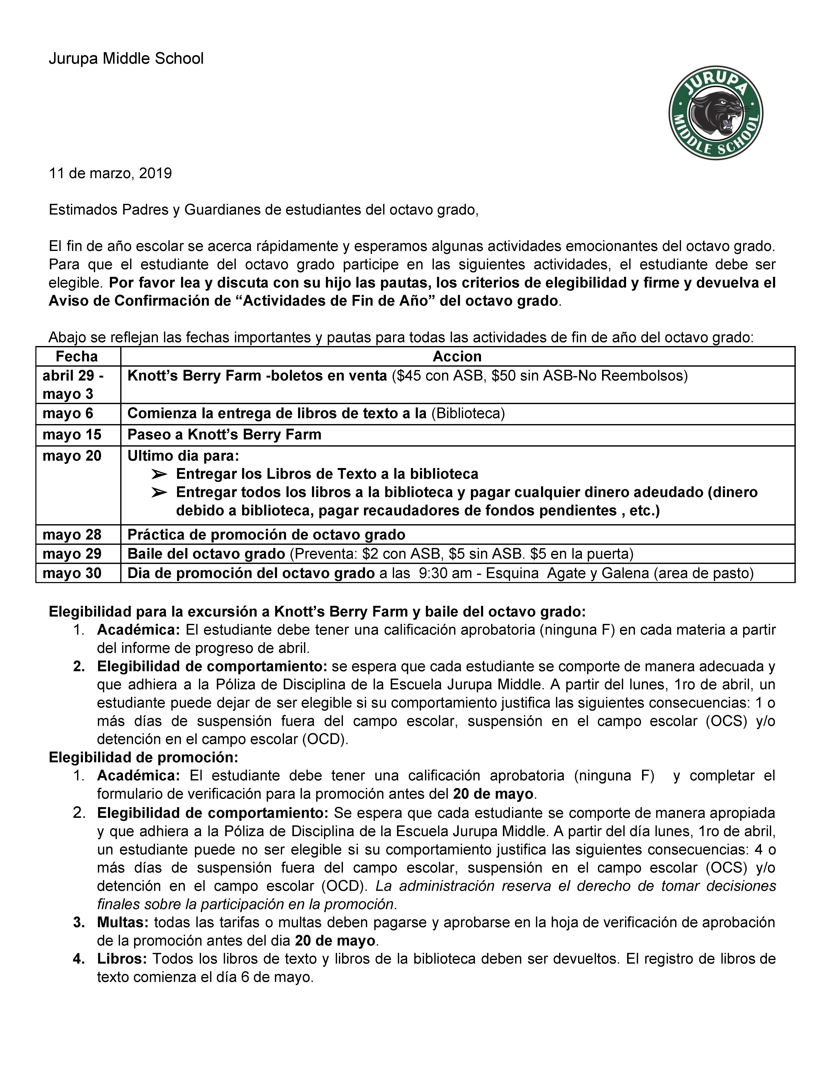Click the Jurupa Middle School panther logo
[x=716, y=113]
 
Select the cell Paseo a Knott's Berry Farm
[x=224, y=435]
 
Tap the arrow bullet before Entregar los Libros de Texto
[x=159, y=474]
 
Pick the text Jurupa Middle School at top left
[x=126, y=59]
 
